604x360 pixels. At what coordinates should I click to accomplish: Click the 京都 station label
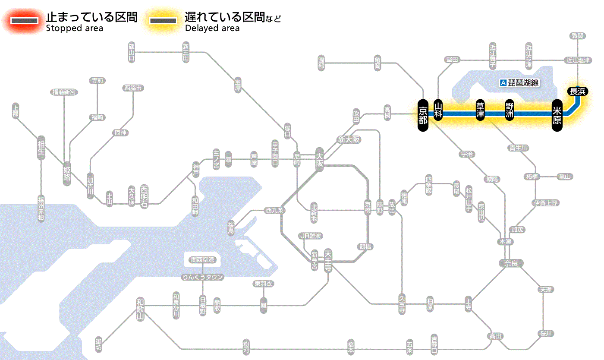423,114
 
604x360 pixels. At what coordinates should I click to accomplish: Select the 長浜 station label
577,91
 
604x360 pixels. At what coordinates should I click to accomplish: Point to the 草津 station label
480,111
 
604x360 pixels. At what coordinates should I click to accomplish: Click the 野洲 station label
510,111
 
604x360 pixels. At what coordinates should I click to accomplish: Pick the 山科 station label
438,111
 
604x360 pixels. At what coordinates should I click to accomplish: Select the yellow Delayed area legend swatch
163,21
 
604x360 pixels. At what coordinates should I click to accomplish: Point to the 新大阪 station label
349,139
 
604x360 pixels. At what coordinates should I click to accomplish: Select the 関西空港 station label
203,259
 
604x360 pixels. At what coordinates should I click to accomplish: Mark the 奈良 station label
510,263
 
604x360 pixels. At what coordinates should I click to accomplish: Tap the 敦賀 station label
578,36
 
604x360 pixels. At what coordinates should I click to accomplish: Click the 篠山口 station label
132,51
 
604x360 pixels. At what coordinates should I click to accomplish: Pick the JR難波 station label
311,236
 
